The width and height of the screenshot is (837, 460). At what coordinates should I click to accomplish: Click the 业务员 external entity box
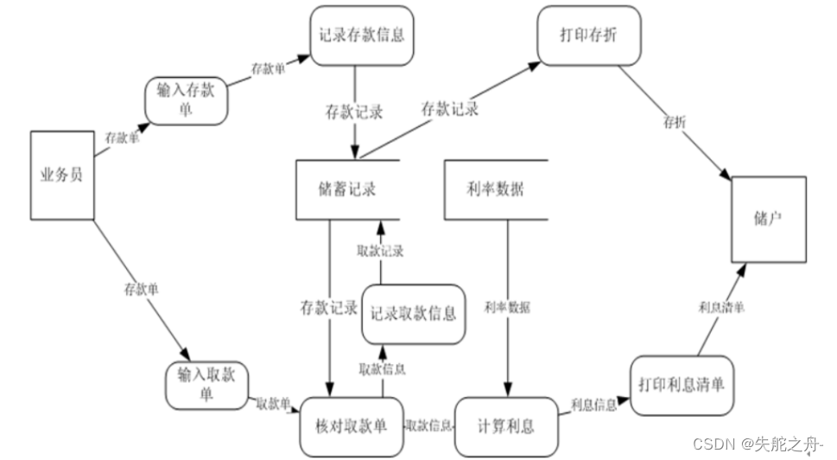[x=61, y=175]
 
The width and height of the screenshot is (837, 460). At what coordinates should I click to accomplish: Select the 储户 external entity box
[x=768, y=219]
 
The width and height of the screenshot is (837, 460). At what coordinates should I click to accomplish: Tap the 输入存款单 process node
[x=187, y=100]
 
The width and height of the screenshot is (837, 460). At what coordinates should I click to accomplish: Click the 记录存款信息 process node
[x=361, y=36]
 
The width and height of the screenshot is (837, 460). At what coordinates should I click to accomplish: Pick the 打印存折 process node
[x=588, y=36]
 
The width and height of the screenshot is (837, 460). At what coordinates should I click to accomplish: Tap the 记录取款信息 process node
[x=413, y=312]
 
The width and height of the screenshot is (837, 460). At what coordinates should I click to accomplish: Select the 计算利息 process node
[x=505, y=426]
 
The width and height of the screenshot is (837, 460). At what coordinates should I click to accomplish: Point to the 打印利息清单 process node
[x=682, y=384]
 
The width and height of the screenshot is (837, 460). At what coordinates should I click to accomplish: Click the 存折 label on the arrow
[x=675, y=123]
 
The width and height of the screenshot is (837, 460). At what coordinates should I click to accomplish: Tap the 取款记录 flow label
[x=381, y=251]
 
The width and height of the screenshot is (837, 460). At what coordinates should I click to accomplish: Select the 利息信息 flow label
[x=593, y=405]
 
